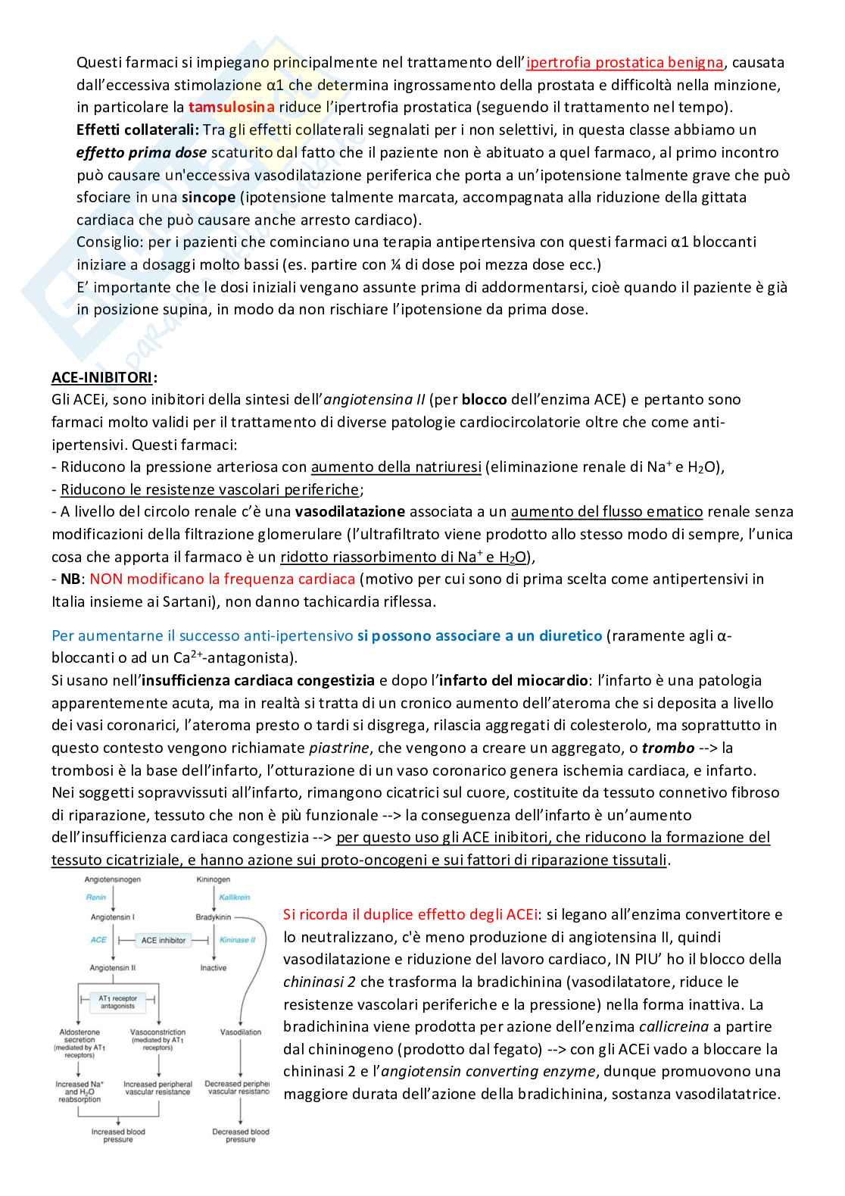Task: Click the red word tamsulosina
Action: [231, 108]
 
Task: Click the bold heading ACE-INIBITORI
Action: [104, 376]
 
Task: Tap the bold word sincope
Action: [209, 197]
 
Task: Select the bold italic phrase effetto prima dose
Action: [142, 152]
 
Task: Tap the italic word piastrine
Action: [339, 748]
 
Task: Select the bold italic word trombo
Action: [668, 748]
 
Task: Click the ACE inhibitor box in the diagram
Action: [163, 940]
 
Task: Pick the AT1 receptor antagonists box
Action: [117, 1002]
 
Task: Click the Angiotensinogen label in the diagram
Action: [113, 879]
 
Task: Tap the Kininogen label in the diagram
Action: [213, 879]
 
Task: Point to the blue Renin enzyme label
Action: [96, 898]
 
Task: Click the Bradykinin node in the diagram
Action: [213, 917]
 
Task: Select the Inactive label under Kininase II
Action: [213, 968]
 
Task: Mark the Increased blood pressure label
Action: [118, 1135]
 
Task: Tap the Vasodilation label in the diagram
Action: [240, 1032]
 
